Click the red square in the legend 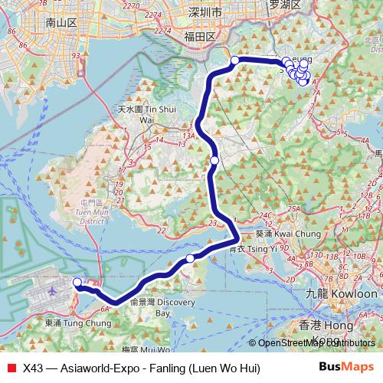pyautogui.click(x=11, y=368)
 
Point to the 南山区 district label pyautogui.click(x=62, y=23)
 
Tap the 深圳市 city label pyautogui.click(x=205, y=13)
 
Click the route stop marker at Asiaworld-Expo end pyautogui.click(x=77, y=283)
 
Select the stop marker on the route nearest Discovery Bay pyautogui.click(x=191, y=258)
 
